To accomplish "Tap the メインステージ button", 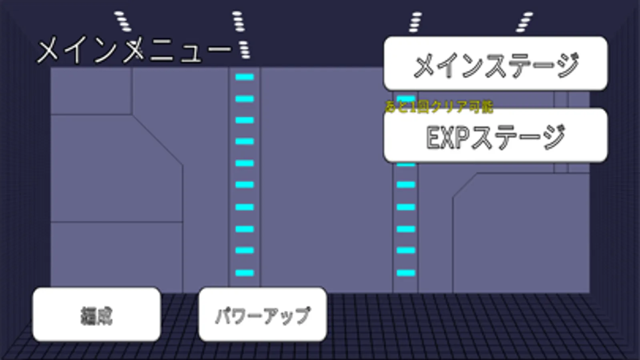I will coord(496,64).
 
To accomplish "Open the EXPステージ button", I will coord(496,136).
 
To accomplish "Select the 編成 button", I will coord(96,315).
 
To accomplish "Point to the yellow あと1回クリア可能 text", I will coord(439,107).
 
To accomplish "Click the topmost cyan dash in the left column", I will coord(245,77).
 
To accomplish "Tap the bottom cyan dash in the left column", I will coord(245,273).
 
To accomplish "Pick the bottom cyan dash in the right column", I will coord(406,273).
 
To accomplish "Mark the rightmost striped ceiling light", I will coord(524,22).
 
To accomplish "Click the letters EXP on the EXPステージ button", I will coord(447,137).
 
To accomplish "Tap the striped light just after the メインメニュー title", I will coord(244,50).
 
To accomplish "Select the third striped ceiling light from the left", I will coord(415,22).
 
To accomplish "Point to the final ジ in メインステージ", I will coord(567,65).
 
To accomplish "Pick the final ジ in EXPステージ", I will coord(554,137).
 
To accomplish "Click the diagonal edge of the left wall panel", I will coord(158,140).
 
